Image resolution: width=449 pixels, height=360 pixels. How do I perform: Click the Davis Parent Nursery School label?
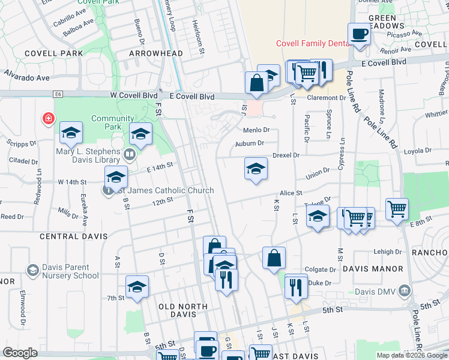[x=70, y=271]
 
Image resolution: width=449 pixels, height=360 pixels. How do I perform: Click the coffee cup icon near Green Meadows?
[x=360, y=35]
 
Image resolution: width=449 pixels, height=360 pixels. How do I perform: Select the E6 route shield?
[x=58, y=94]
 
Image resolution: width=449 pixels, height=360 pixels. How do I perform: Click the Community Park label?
[x=112, y=122]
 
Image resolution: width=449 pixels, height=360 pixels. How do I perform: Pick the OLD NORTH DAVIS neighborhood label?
[x=183, y=307]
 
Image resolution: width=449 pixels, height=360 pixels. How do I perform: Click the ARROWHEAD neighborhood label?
[x=155, y=53]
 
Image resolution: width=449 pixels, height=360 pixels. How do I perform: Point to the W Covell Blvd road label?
[x=133, y=95]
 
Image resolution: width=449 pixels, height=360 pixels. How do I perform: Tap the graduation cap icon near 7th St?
[x=137, y=287]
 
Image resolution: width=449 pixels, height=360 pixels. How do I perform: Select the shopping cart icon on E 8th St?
[x=397, y=209]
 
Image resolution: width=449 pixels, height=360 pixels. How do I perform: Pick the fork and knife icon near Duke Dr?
[x=296, y=286]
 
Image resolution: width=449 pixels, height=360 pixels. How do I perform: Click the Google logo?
[x=20, y=353]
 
